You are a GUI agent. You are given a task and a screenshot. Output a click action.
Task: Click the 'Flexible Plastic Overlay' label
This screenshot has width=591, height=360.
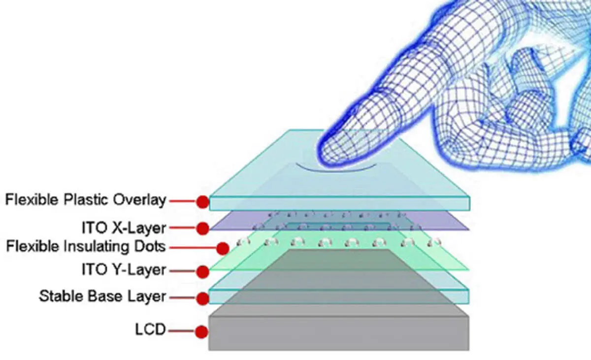click(86, 200)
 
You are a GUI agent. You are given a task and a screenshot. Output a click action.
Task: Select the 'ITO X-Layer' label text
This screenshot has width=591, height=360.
click(124, 228)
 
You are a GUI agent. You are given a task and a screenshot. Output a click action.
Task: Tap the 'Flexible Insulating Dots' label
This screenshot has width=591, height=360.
click(86, 247)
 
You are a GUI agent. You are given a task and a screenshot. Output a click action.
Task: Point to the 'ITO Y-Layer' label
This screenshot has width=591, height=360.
click(124, 270)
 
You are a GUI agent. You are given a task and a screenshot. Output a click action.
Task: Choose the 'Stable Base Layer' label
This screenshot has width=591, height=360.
click(102, 296)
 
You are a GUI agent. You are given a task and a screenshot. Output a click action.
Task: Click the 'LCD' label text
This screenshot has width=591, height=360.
click(150, 329)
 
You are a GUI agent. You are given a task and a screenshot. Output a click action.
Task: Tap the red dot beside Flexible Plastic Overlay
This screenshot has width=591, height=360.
click(202, 202)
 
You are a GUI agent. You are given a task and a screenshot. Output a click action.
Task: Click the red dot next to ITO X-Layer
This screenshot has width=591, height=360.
click(202, 228)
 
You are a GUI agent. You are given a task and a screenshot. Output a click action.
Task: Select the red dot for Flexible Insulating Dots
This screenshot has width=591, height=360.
click(223, 248)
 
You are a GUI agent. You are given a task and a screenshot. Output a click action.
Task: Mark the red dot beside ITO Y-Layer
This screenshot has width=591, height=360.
click(202, 272)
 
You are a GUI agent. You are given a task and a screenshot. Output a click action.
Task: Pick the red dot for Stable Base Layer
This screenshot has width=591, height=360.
click(202, 298)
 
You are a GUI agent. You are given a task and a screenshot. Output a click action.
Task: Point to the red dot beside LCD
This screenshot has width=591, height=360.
click(201, 332)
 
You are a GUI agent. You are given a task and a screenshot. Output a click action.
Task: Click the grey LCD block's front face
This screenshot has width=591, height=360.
click(339, 333)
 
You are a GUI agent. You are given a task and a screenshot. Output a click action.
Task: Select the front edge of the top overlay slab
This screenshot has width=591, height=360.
click(339, 203)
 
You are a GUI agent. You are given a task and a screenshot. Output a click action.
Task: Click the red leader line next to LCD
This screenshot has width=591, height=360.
click(182, 331)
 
